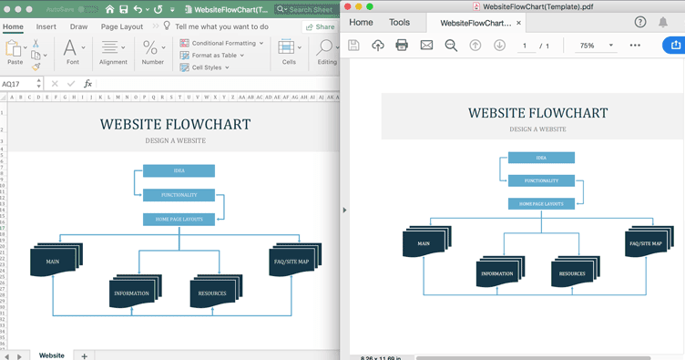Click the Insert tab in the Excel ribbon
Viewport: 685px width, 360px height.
pos(46,26)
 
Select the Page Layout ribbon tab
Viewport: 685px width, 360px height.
pos(120,26)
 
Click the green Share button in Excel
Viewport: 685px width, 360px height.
pos(320,26)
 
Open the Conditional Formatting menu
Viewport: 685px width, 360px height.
pos(221,43)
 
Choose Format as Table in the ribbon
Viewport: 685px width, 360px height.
pos(214,55)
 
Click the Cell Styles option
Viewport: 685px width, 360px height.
pos(207,67)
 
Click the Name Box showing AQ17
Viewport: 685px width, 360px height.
pos(18,84)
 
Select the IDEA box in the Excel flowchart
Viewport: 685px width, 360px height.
pos(179,170)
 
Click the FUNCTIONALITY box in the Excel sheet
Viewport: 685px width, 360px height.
pos(179,195)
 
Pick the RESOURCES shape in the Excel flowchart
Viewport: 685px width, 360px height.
pos(213,293)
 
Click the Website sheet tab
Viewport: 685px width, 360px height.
pos(51,355)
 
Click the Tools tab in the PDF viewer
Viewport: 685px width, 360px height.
pos(399,23)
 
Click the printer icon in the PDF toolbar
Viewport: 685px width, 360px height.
pos(402,46)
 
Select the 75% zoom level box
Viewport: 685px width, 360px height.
pos(593,46)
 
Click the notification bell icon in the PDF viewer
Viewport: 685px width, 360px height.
pos(663,23)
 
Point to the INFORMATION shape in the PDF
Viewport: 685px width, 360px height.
pos(497,273)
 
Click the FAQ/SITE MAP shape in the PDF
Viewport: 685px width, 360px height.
pos(645,243)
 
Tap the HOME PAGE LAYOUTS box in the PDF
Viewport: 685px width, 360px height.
pos(541,204)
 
